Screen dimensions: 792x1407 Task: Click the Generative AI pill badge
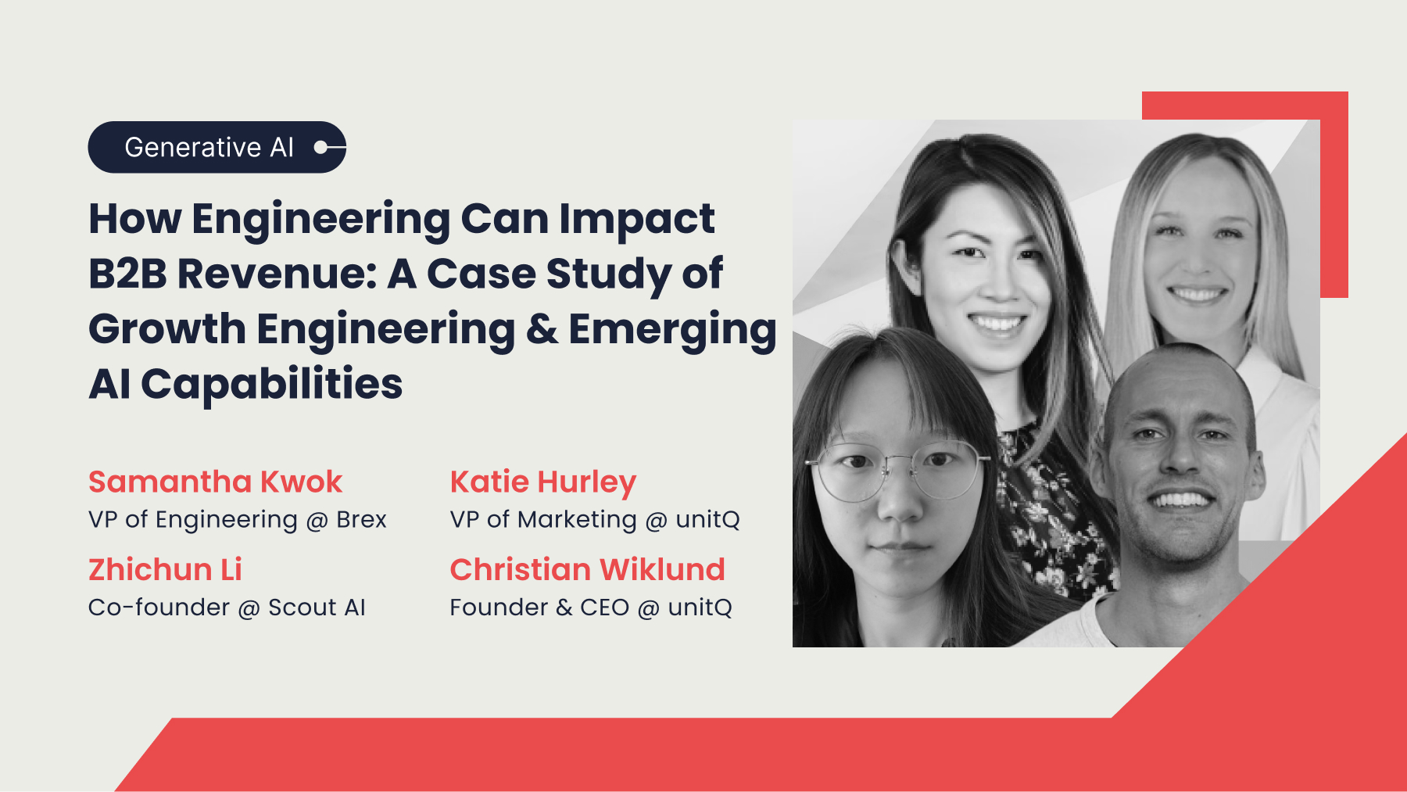(x=217, y=147)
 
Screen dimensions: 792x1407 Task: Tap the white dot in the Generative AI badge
(x=320, y=147)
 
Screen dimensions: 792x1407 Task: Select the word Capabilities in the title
(x=271, y=384)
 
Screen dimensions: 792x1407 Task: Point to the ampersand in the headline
(x=542, y=329)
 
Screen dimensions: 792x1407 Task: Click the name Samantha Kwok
(x=215, y=482)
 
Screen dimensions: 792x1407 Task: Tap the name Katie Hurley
(x=543, y=482)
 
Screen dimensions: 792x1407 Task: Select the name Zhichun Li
(x=165, y=569)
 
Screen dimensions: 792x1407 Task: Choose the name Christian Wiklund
(x=587, y=569)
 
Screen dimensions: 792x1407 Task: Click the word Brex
(x=361, y=520)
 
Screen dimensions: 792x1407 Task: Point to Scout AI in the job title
(x=317, y=607)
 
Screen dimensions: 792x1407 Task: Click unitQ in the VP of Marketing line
(x=707, y=520)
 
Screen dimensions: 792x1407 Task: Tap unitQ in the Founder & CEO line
(x=700, y=607)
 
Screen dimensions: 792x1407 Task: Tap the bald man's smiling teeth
(x=1180, y=499)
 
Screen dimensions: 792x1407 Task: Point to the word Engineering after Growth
(x=385, y=329)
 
